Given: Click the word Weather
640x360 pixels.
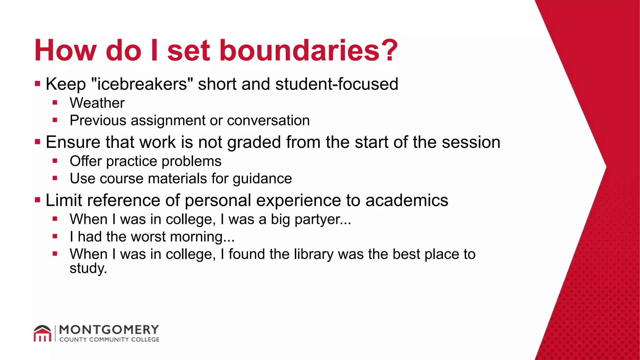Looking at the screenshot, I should (x=97, y=103).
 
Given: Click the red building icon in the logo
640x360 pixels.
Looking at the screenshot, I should (x=42, y=334).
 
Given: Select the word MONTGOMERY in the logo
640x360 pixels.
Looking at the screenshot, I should (x=109, y=330).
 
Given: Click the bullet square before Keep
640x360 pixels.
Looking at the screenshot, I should (x=38, y=84).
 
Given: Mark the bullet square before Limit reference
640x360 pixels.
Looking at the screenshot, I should (x=38, y=200).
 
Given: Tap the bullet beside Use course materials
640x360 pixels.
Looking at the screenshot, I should (x=55, y=178).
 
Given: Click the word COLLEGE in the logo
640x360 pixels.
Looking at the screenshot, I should (x=145, y=340).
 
